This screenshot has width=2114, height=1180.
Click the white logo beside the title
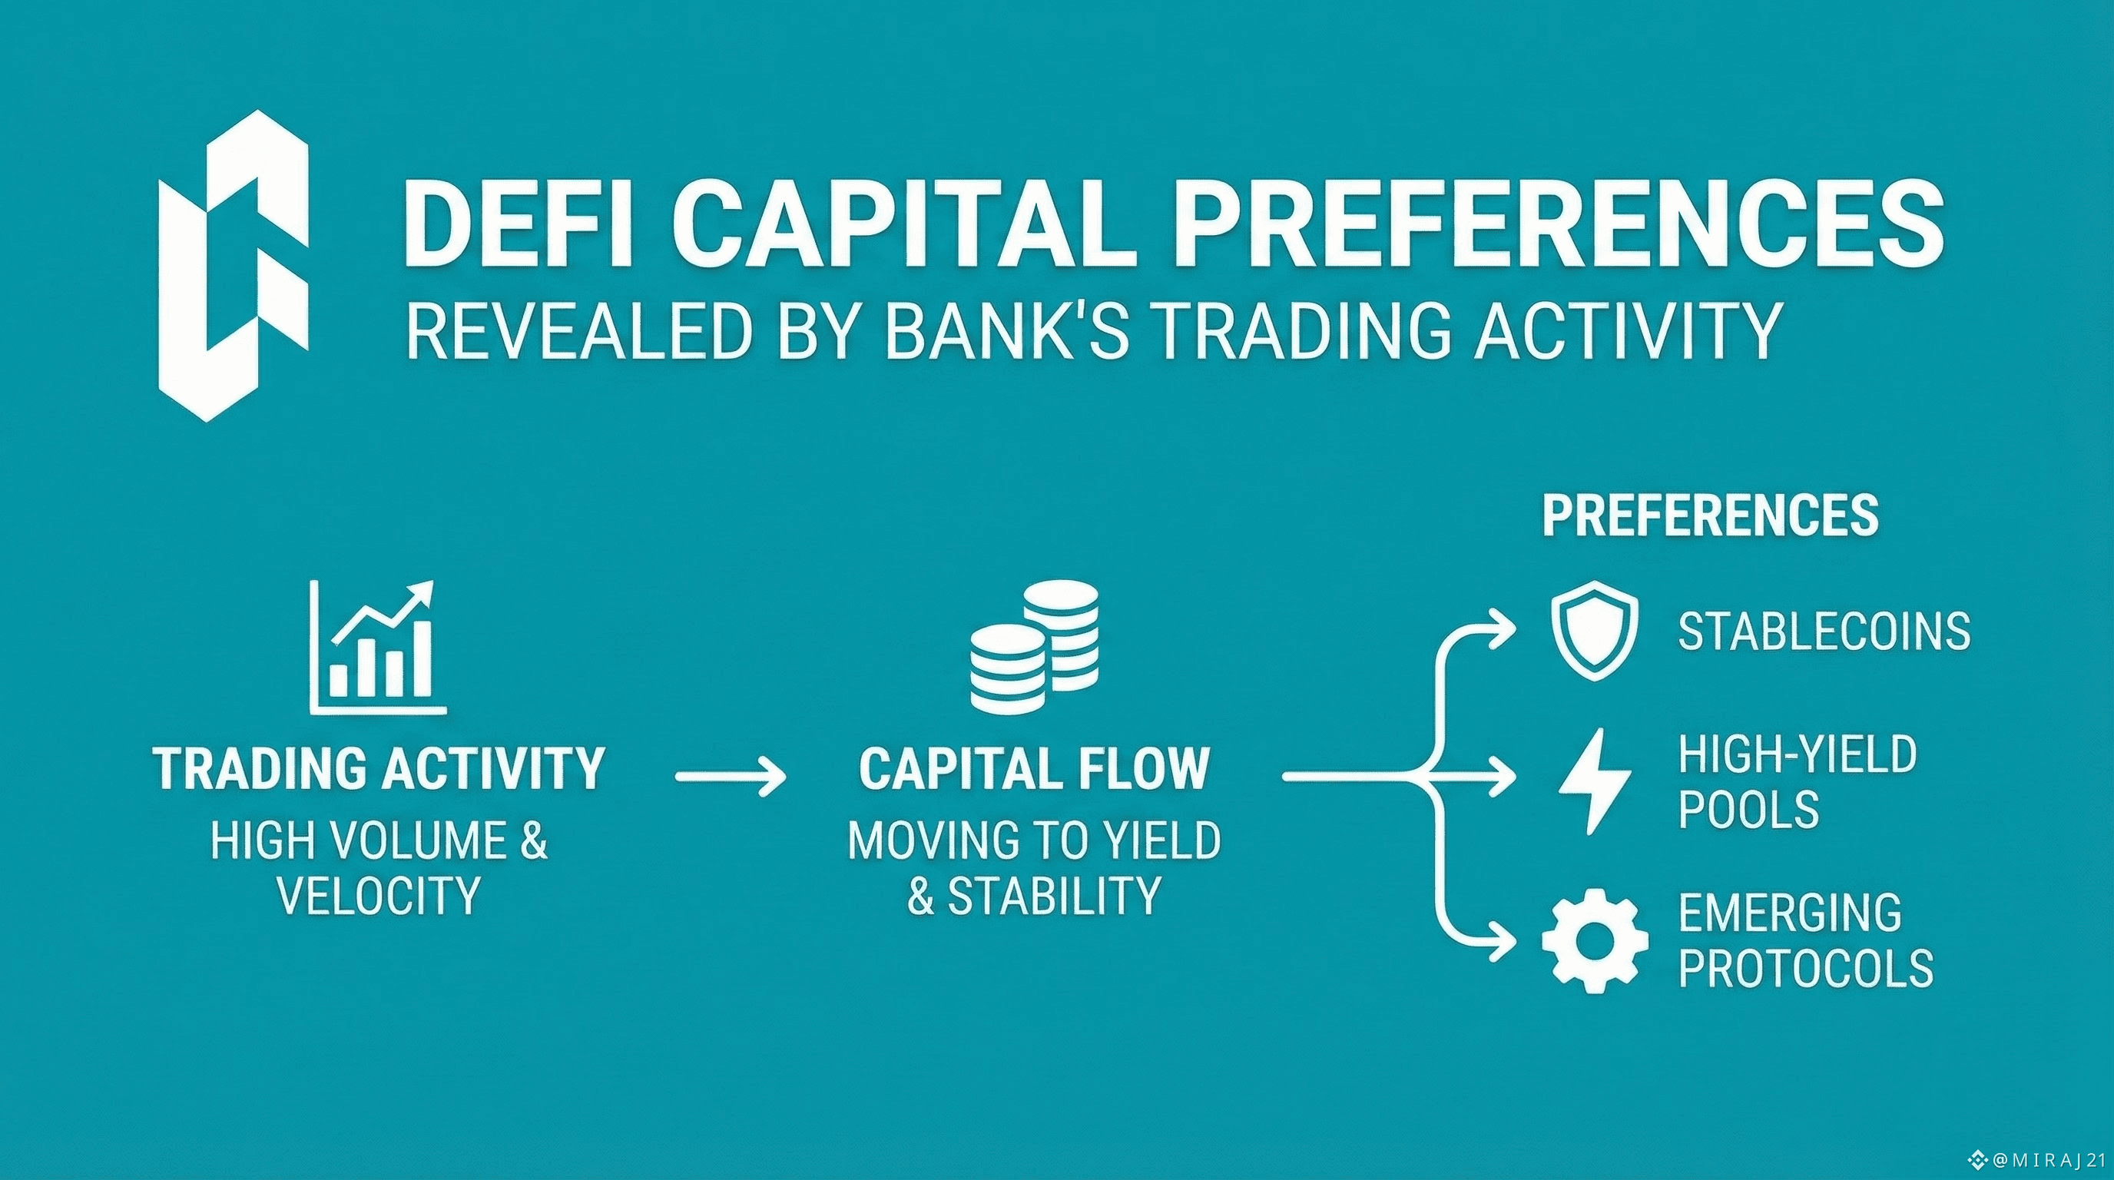pos(234,267)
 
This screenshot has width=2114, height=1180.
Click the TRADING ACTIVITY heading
pos(379,769)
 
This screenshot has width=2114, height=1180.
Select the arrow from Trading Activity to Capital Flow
pos(730,775)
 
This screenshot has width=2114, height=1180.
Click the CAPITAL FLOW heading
pos(1034,769)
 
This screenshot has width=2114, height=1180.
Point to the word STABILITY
pos(1055,895)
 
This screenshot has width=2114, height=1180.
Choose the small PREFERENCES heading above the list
pos(1710,515)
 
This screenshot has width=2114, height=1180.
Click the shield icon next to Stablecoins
pos(1595,630)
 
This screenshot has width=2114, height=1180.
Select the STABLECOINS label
pos(1824,631)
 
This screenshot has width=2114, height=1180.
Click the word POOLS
pos(1748,809)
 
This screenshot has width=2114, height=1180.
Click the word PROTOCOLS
pos(1805,968)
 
